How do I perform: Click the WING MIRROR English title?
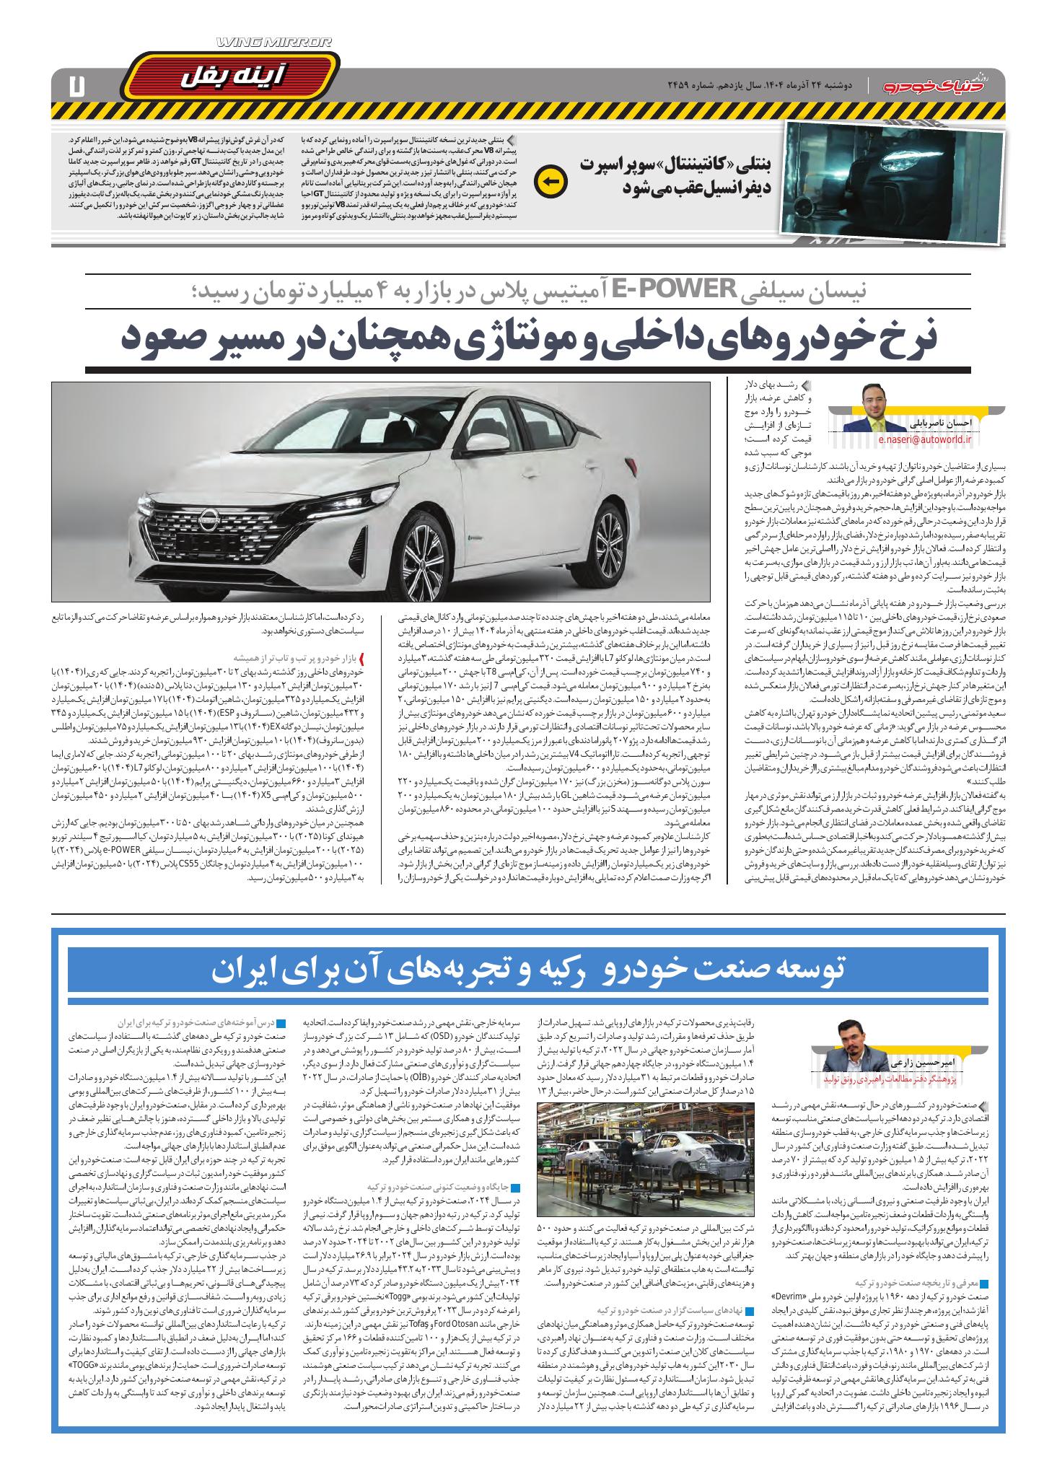coord(274,45)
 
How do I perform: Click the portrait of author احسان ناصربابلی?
coord(883,408)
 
